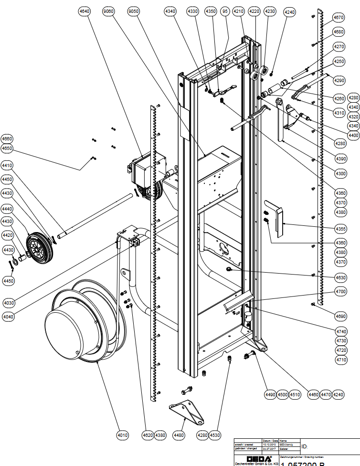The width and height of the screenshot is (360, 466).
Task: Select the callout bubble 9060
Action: (x=108, y=11)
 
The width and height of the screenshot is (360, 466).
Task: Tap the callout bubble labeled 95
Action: (x=225, y=11)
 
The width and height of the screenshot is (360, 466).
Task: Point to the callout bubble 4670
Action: (x=339, y=18)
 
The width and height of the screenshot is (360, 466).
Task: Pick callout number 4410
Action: (x=7, y=165)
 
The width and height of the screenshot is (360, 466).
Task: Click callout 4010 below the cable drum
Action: (x=123, y=435)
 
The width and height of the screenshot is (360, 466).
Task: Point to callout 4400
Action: (x=353, y=136)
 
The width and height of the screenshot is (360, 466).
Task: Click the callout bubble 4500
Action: (x=282, y=394)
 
